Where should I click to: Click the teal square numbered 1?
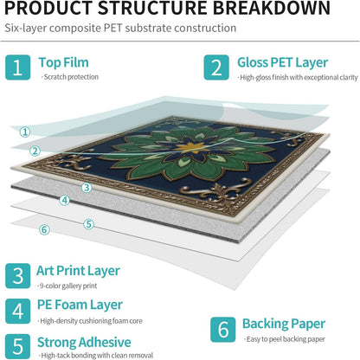tap(17, 67)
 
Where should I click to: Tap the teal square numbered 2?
tap(216, 67)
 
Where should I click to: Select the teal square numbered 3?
tap(17, 276)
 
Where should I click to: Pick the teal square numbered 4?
tap(17, 312)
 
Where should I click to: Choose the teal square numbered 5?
tap(17, 346)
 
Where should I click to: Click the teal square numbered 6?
tap(222, 330)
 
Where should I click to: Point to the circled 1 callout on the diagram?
tap(25, 132)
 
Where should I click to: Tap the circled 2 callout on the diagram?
tap(35, 151)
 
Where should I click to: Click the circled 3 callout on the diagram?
tap(87, 188)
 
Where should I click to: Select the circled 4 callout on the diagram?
tap(65, 200)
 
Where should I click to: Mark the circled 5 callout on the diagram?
tap(89, 224)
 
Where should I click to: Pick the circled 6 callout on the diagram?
tap(44, 229)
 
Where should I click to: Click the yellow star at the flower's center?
tap(190, 147)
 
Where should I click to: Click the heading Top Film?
tap(63, 62)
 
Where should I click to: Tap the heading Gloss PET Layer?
tap(283, 63)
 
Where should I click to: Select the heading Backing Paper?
tap(284, 325)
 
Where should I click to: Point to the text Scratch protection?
tap(71, 77)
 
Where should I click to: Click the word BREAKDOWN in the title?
tap(272, 8)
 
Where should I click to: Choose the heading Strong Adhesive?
tap(84, 343)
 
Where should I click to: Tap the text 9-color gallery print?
tap(68, 286)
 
